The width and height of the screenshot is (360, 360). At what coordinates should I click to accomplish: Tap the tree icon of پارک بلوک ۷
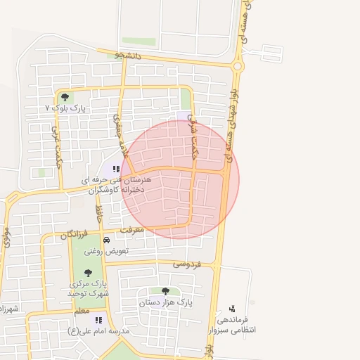[65, 98]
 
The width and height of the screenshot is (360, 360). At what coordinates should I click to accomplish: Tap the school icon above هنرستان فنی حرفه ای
[116, 169]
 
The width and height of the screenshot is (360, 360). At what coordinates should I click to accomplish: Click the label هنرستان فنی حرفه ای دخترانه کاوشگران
[112, 185]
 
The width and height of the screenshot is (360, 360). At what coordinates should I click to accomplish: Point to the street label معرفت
[132, 229]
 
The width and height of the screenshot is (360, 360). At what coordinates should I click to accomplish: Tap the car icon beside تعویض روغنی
[106, 240]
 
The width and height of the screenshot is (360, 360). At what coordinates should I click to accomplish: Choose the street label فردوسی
[187, 264]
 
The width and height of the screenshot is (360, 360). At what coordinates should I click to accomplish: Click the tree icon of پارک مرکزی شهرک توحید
[88, 272]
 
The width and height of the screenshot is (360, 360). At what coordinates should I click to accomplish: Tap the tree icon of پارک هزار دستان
[165, 290]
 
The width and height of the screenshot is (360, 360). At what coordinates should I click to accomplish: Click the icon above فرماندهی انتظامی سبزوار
[233, 308]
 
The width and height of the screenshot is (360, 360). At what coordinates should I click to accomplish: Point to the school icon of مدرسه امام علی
[98, 320]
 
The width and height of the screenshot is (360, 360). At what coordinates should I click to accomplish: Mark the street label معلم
[82, 310]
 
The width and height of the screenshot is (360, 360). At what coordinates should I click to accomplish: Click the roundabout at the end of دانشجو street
[238, 67]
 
